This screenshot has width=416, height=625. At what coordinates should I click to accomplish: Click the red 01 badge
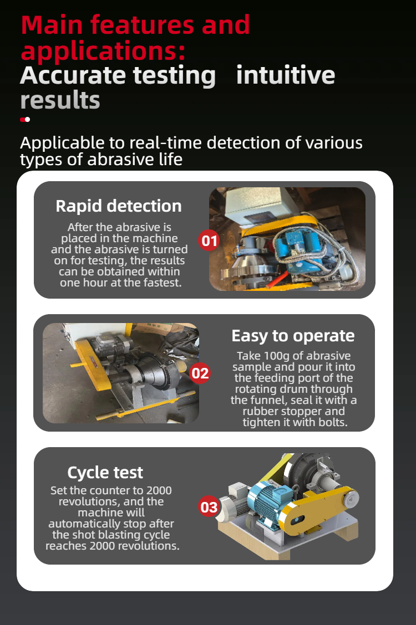tap(209, 241)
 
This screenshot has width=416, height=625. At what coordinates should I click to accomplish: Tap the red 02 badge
tap(200, 373)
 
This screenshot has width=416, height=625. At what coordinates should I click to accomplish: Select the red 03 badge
tap(209, 507)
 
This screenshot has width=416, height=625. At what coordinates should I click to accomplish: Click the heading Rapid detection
tap(119, 206)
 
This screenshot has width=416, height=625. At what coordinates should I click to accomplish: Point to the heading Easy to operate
tap(293, 336)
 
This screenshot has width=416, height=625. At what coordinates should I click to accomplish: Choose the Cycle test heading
tap(105, 473)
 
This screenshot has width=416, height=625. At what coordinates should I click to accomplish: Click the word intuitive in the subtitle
tap(286, 75)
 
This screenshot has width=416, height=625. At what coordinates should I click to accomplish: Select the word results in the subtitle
tap(60, 100)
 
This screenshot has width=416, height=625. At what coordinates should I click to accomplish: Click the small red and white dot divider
tap(25, 119)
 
